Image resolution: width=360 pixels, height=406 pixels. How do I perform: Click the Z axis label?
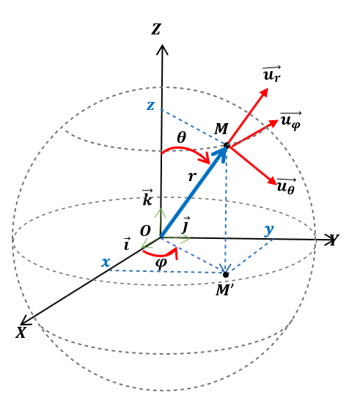point(156,30)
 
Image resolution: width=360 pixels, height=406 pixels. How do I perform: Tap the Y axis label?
point(334,240)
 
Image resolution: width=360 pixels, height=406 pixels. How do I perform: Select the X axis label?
point(21,332)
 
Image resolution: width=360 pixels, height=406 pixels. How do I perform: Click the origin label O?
point(145,232)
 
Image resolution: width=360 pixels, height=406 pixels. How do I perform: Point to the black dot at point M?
point(227,146)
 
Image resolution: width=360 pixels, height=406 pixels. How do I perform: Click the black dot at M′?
point(226,275)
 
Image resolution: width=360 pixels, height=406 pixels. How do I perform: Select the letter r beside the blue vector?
point(192,177)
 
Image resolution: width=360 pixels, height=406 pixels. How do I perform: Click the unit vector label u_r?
point(271,74)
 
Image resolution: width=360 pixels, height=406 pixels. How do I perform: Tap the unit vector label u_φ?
point(290,120)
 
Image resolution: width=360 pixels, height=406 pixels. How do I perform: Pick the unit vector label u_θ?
point(286,185)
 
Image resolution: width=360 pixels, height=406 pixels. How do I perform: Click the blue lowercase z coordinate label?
point(150,106)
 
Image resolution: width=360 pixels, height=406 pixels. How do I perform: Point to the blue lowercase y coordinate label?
point(269,229)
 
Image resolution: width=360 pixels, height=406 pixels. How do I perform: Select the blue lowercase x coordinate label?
point(106,262)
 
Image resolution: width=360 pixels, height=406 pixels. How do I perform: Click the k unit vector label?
point(147,198)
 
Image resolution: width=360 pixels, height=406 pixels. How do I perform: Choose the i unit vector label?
point(127,244)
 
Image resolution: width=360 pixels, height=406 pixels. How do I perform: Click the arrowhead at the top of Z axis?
point(162,49)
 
